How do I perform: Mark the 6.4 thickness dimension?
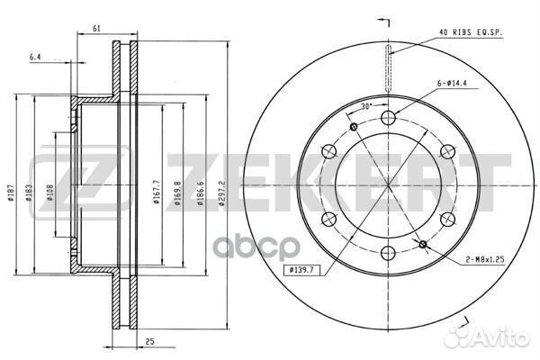(36, 57)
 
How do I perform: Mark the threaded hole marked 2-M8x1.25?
(423, 244)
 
